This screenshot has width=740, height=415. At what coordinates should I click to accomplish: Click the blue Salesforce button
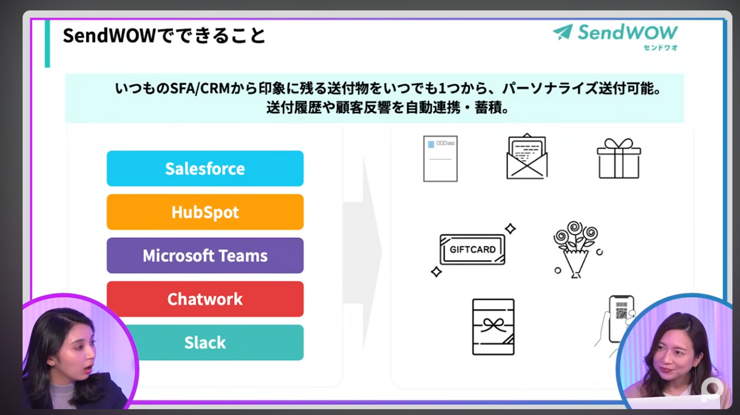pyautogui.click(x=205, y=168)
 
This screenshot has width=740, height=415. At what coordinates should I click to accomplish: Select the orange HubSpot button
pyautogui.click(x=205, y=212)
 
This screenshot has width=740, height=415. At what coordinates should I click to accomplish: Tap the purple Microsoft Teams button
pyautogui.click(x=205, y=256)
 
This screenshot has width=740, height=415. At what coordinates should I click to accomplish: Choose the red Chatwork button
pyautogui.click(x=205, y=299)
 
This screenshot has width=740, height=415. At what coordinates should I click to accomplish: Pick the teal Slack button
pyautogui.click(x=205, y=343)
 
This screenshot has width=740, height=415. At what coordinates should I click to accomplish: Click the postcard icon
pyautogui.click(x=440, y=159)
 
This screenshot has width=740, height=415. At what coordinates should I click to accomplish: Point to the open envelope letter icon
pyautogui.click(x=527, y=157)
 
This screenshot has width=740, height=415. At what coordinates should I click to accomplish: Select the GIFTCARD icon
pyautogui.click(x=472, y=250)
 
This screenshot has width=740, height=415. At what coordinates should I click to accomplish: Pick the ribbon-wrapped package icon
pyautogui.click(x=493, y=327)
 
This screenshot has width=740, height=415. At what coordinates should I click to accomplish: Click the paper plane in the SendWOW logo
pyautogui.click(x=563, y=32)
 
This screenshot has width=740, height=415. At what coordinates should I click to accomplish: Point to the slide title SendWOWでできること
pyautogui.click(x=164, y=36)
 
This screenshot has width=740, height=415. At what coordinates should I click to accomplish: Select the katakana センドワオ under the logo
pyautogui.click(x=660, y=48)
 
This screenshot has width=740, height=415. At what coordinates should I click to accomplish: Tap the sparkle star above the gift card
pyautogui.click(x=510, y=229)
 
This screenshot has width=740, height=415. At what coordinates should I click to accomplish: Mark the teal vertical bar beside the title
pyautogui.click(x=47, y=44)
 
